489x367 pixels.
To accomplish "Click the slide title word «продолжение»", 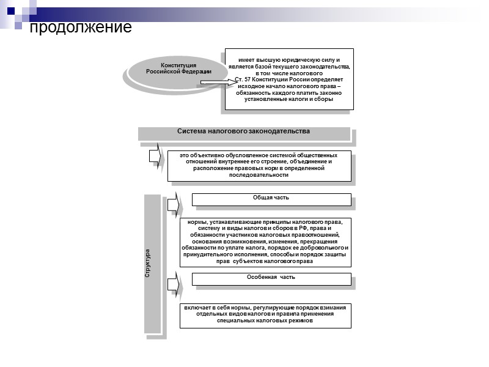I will click(81, 28).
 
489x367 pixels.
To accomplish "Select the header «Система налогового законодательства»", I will click(243, 132).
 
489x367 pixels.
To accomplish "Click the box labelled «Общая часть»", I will click(271, 198).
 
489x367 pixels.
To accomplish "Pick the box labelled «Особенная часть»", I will click(271, 278).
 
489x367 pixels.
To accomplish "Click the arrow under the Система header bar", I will click(155, 155).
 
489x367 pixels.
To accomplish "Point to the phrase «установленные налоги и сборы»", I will click(289, 100).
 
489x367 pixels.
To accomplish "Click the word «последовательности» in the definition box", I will click(259, 175).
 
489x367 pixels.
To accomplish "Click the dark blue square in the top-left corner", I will click(10, 10).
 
